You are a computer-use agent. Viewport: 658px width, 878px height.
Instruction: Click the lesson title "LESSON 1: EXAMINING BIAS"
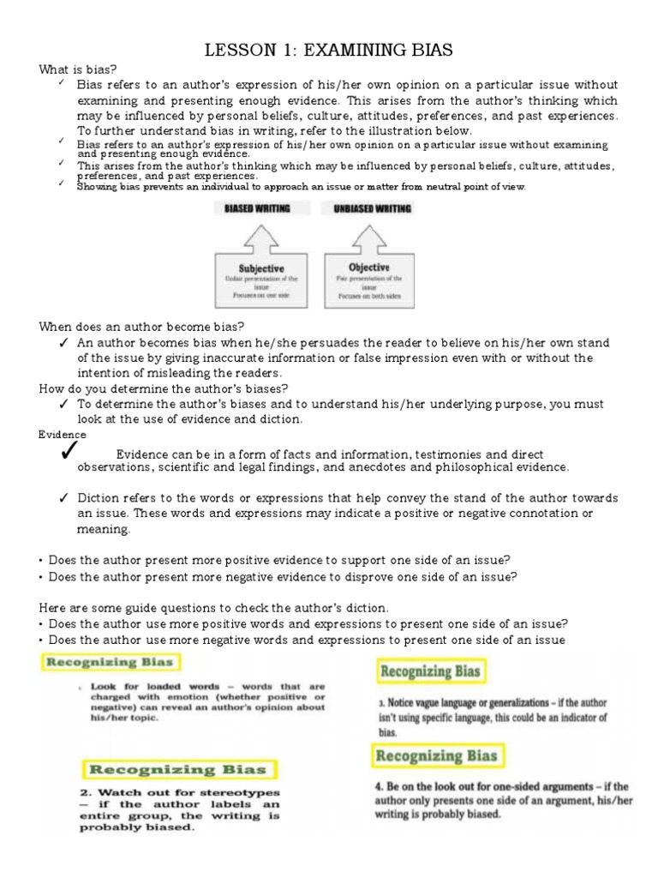click(x=328, y=51)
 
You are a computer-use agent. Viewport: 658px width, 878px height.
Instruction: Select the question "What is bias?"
click(x=78, y=69)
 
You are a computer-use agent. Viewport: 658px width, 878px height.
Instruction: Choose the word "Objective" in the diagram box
click(x=369, y=268)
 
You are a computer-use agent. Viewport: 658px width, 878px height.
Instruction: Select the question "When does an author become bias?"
click(x=142, y=327)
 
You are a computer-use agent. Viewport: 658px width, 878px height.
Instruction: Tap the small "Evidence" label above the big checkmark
click(x=63, y=435)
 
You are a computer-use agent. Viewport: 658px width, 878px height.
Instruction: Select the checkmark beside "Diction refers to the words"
click(x=64, y=498)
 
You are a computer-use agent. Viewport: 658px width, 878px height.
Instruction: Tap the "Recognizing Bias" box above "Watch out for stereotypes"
click(x=180, y=770)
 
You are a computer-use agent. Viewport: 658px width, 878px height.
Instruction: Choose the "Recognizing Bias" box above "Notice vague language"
click(x=431, y=671)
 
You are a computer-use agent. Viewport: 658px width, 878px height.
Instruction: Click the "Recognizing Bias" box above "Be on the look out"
click(x=436, y=755)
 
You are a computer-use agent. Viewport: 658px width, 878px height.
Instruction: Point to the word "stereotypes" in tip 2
click(x=242, y=793)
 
